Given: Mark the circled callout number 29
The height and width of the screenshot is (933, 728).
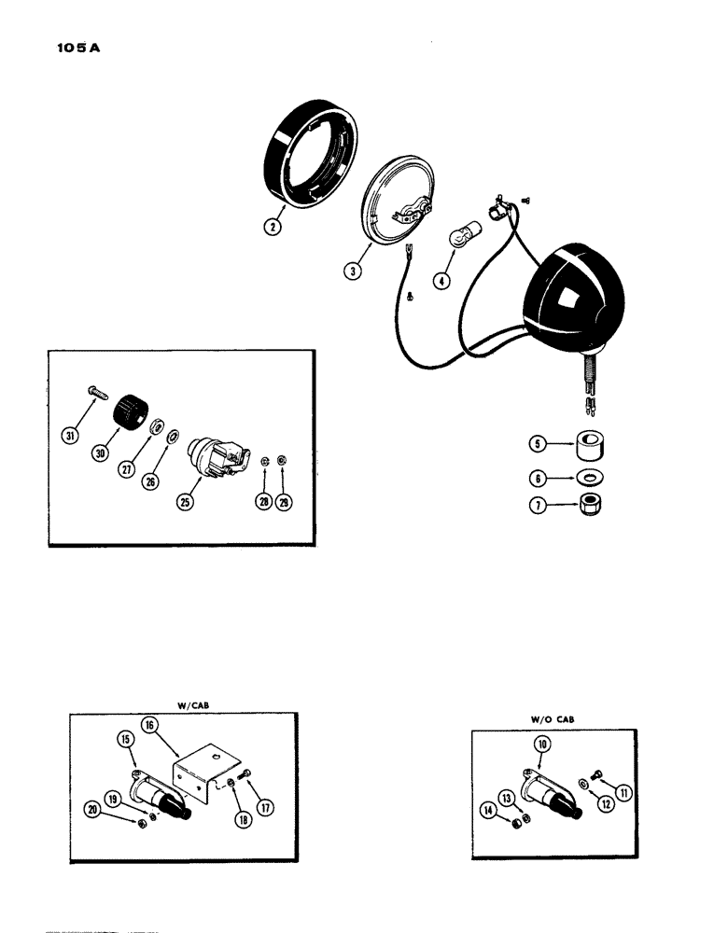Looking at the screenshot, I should click(x=285, y=503).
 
